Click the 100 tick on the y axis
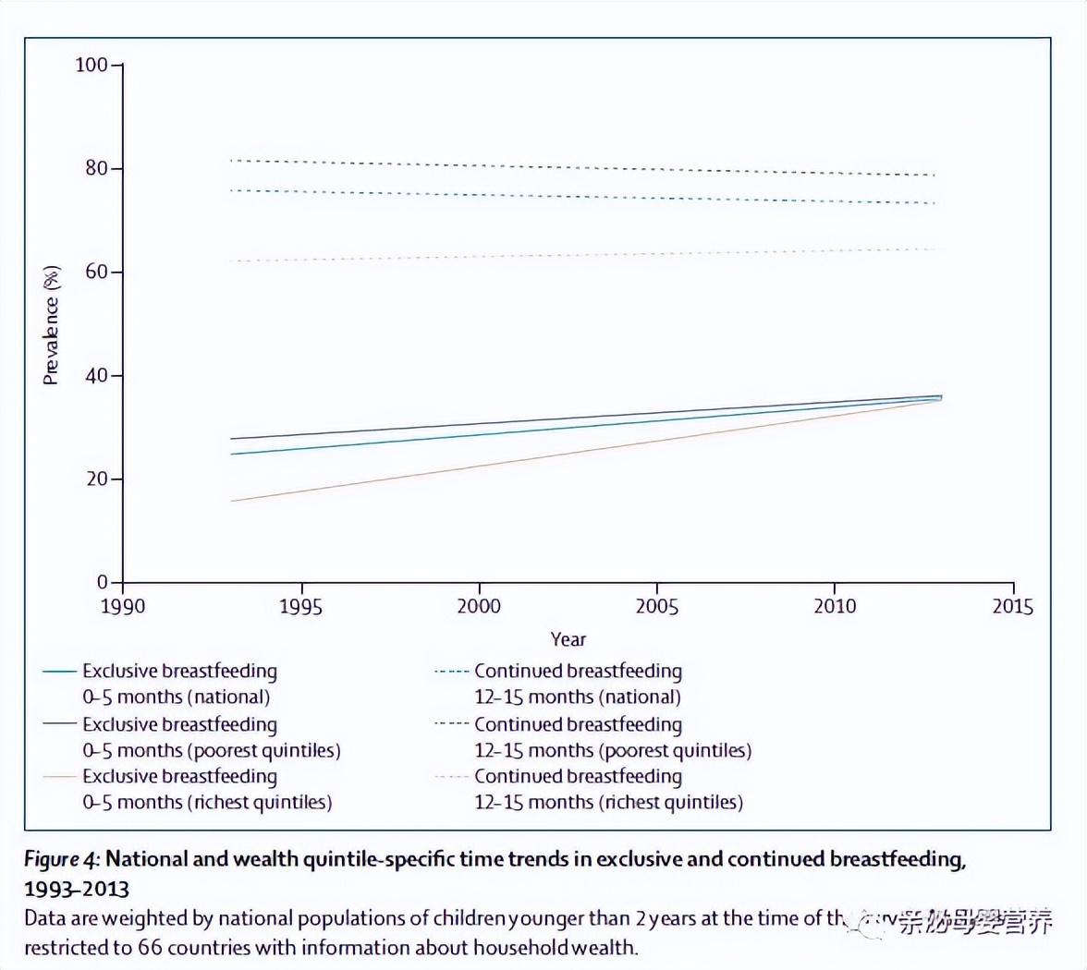click(92, 66)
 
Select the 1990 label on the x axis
click(123, 607)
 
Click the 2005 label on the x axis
click(656, 607)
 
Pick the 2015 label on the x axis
click(1012, 607)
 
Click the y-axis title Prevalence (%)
click(52, 325)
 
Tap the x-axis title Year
click(568, 639)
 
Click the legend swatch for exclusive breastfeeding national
click(59, 672)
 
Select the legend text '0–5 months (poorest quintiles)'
click(212, 750)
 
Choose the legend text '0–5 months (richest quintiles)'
click(207, 802)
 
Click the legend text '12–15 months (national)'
click(578, 697)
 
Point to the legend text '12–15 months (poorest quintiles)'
click(613, 750)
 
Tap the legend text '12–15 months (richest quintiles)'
click(608, 802)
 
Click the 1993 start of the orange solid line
click(231, 501)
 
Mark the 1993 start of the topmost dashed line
click(231, 161)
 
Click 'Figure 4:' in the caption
click(61, 859)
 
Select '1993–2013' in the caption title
click(77, 889)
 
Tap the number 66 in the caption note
click(151, 948)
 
